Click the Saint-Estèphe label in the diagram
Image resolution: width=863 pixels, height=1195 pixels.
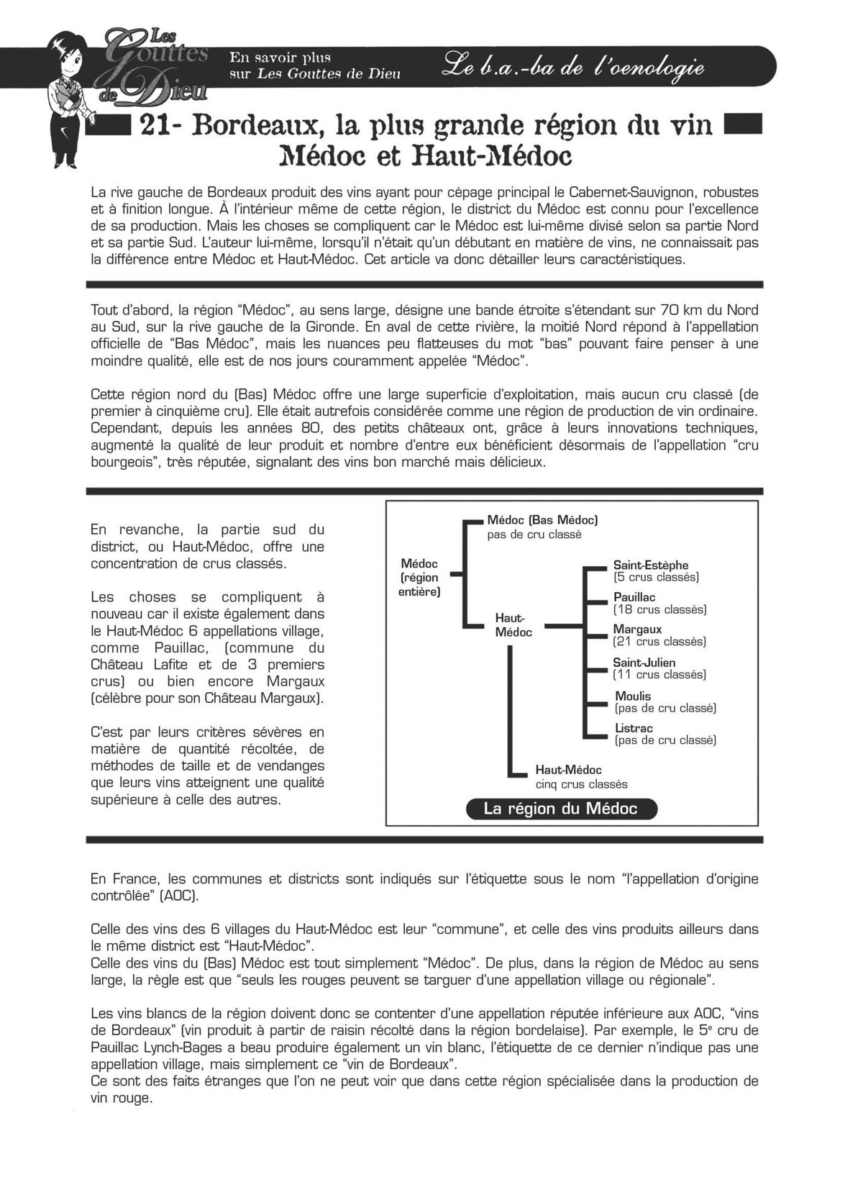[x=650, y=565]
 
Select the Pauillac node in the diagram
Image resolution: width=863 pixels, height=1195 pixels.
[x=634, y=597]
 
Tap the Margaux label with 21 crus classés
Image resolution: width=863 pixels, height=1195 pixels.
[x=637, y=630]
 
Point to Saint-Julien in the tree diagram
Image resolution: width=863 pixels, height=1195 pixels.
[x=644, y=663]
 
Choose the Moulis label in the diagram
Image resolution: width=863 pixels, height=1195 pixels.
[x=633, y=696]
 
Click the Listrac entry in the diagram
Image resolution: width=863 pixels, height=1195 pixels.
[x=634, y=729]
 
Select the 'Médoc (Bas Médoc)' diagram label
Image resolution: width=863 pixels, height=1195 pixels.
[x=542, y=519]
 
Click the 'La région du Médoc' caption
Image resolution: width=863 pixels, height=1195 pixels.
[x=560, y=809]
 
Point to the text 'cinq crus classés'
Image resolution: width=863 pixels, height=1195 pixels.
[x=581, y=784]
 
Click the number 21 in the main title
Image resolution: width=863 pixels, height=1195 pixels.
[x=156, y=126]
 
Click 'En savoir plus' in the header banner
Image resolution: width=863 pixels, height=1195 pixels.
[x=280, y=57]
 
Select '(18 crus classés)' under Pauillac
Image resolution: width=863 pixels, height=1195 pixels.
[x=659, y=609]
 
